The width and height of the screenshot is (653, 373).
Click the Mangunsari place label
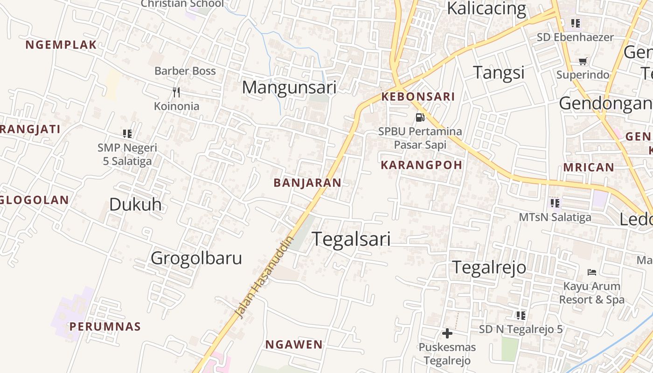289,87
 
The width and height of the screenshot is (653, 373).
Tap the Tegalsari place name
351,239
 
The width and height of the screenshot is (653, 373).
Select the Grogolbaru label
196,258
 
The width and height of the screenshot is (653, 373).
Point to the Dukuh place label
135,204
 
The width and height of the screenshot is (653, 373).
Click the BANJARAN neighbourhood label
307,183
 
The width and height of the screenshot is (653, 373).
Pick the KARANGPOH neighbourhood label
422,165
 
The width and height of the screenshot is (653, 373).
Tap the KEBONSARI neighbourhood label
418,97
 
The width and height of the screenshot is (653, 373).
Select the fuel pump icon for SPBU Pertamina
420,117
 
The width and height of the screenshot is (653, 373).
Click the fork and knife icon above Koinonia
176,92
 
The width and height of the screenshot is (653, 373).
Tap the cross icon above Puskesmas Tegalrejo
447,333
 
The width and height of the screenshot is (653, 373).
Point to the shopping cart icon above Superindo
583,61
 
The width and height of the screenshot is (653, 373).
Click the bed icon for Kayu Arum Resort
592,272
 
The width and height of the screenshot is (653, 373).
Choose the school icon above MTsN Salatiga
555,203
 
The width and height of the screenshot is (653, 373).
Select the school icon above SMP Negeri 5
127,134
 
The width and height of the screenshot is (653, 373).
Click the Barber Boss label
185,71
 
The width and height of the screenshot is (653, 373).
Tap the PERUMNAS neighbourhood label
105,326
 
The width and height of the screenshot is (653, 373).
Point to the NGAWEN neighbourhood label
294,345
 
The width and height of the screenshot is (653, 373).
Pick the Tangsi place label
499,72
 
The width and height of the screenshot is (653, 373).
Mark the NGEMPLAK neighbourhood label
61,45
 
